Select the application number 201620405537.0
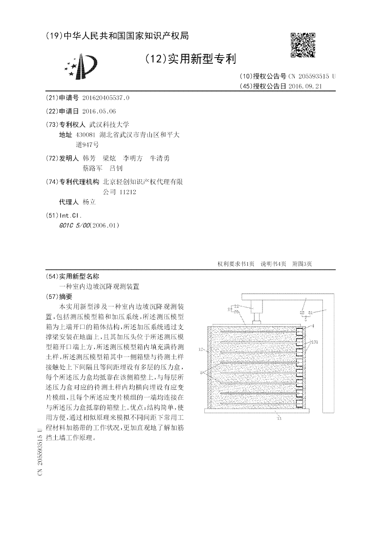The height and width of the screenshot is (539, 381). coord(105,98)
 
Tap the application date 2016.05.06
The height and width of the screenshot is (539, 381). coord(99,111)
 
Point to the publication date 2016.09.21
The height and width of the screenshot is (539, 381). coord(306,86)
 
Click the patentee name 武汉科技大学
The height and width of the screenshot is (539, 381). coord(102,124)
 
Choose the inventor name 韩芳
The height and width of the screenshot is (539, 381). coord(89,158)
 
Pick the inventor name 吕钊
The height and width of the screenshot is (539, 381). coord(116,168)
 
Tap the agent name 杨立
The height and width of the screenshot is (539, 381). coord(89,202)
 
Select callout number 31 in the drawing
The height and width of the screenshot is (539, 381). coord(310,313)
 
